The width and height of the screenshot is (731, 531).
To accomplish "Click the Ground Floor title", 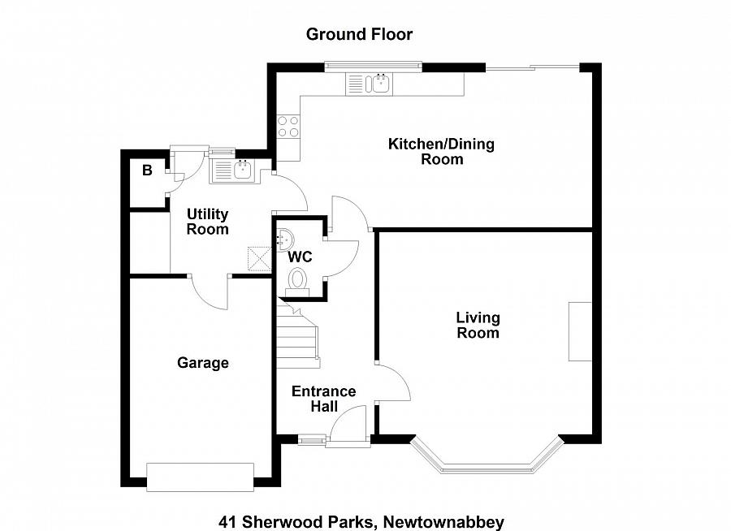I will [x=359, y=34].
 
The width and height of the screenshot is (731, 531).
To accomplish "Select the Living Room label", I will [x=478, y=326].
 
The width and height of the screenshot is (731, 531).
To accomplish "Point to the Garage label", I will [x=203, y=363].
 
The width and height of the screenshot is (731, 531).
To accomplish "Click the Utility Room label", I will [x=208, y=222].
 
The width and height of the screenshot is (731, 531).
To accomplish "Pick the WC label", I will [x=301, y=257].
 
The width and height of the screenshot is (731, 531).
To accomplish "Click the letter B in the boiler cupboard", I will [x=147, y=171].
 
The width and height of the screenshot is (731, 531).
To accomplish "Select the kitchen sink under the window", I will [x=370, y=83].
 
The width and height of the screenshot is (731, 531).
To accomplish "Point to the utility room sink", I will [x=232, y=170].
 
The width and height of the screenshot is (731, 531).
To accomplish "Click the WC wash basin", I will [x=286, y=238].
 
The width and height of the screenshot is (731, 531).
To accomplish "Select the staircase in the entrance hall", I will [x=297, y=334].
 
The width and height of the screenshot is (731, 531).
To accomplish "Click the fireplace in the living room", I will [x=580, y=331].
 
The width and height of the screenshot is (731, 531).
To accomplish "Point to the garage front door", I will [x=200, y=477].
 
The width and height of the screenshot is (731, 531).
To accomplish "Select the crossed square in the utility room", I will [x=259, y=259].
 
